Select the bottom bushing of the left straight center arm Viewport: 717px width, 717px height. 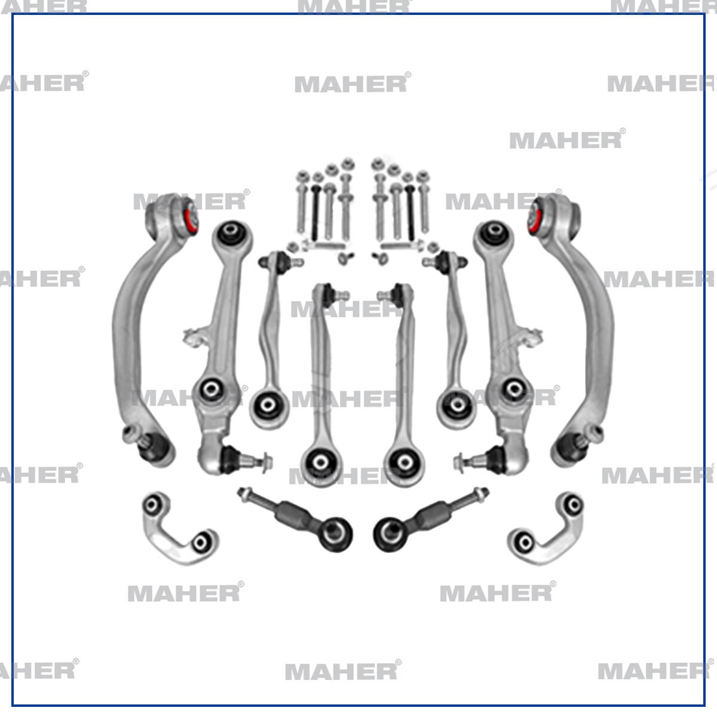[318, 461]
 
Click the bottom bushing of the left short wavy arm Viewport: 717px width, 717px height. [267, 406]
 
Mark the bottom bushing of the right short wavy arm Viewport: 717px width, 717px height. [456, 406]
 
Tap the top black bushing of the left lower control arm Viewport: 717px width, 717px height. [230, 234]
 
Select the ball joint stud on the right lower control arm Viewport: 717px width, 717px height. [464, 460]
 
